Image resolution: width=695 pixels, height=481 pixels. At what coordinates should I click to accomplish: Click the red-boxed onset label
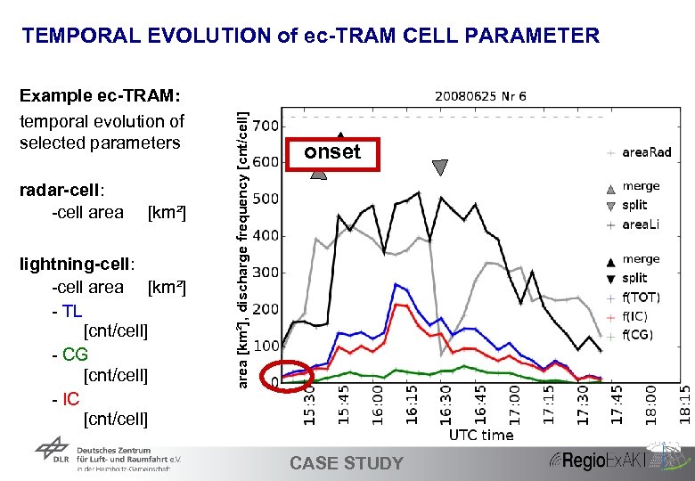[x=332, y=151]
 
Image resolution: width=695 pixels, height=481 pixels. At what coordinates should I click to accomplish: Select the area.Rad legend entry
[x=646, y=152]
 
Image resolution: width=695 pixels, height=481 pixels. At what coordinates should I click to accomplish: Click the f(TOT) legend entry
[x=641, y=298]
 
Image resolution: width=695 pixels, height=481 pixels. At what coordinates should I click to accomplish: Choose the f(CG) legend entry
[x=639, y=336]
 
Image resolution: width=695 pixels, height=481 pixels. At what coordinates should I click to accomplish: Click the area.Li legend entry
[x=642, y=225]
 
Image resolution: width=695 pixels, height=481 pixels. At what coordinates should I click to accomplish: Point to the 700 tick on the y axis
[x=266, y=126]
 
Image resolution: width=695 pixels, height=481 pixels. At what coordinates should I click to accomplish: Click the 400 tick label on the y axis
[x=266, y=236]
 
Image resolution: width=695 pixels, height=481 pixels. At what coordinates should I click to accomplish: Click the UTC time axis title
[x=480, y=435]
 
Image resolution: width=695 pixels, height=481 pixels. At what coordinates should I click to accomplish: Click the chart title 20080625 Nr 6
[x=480, y=96]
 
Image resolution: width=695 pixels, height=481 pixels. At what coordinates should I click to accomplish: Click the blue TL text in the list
[x=71, y=309]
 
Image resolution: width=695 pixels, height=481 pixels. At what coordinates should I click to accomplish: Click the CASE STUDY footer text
[x=347, y=463]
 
